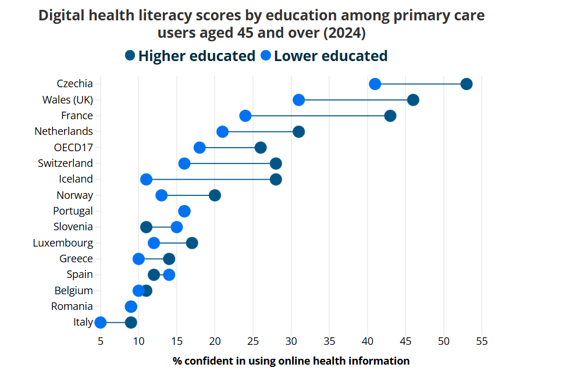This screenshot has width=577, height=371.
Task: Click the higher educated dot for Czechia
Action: coord(466,84)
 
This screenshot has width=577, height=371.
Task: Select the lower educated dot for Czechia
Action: coord(375,84)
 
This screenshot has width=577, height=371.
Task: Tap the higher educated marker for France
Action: coord(390,116)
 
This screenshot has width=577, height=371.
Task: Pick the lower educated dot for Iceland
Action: coord(146,179)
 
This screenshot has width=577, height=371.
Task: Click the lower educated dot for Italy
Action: coord(101,322)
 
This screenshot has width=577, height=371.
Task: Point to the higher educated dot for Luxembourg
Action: coord(192,242)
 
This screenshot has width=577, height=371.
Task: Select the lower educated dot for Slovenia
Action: coord(176,227)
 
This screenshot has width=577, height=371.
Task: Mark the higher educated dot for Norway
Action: coord(215,195)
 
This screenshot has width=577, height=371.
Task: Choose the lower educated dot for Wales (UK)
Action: coord(298,100)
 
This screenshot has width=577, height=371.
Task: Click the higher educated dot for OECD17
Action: coord(261,148)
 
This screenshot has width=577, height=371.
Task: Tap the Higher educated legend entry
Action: coord(190,56)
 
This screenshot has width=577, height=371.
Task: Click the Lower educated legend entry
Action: coord(324,56)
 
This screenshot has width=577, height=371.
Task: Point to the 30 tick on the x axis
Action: coord(291,340)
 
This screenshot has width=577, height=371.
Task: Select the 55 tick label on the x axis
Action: coord(482,340)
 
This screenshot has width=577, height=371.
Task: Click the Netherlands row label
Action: coord(63,131)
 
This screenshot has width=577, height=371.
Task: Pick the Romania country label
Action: coord(72,306)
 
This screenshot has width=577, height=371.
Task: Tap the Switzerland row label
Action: coord(65,163)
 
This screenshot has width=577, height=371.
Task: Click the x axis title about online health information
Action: coord(291,361)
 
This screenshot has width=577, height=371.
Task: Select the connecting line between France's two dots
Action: coord(318,116)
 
